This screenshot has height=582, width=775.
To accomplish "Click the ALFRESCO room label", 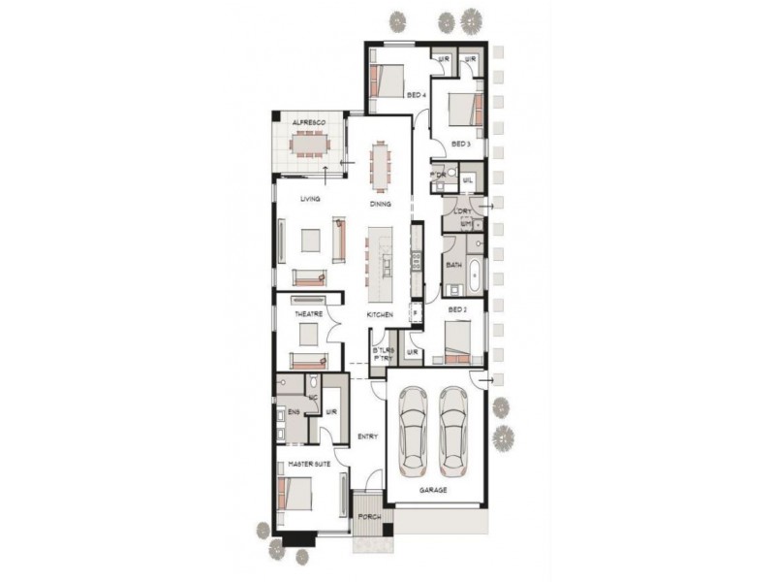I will click(x=307, y=122).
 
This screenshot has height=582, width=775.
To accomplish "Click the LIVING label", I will click(x=310, y=199).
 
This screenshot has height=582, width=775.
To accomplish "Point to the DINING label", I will click(x=380, y=205).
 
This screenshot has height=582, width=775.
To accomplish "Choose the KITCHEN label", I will click(x=379, y=316).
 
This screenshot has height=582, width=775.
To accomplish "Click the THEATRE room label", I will click(x=308, y=314).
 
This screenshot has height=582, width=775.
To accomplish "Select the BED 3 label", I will click(x=461, y=144).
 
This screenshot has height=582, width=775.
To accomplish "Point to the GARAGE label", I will click(x=433, y=491).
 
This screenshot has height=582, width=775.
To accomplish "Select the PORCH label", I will click(x=369, y=517).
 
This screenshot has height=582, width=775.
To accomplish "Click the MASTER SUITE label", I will click(x=309, y=467).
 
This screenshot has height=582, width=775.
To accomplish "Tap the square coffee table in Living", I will click(x=310, y=240).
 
